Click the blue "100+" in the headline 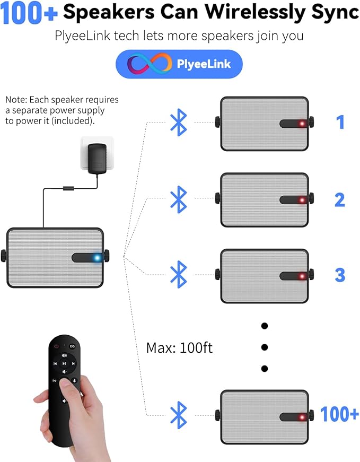click(29, 13)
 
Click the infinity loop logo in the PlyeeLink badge click(150, 64)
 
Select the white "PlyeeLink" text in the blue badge click(204, 64)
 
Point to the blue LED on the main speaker click(97, 258)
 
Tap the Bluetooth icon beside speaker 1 click(179, 123)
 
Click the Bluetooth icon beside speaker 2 click(179, 199)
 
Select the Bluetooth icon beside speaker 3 click(179, 274)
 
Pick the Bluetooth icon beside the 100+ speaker click(179, 415)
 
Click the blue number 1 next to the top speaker click(340, 122)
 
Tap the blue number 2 click(340, 199)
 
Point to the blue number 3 click(340, 275)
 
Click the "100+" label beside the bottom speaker click(339, 414)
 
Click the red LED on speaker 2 click(302, 201)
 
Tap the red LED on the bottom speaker click(302, 417)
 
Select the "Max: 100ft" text click(179, 348)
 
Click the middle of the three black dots click(265, 347)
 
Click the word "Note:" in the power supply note click(16, 100)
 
